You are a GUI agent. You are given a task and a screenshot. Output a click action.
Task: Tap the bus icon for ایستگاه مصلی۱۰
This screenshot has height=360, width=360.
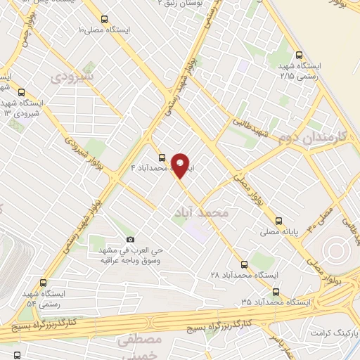pyautogui.click(x=105, y=20)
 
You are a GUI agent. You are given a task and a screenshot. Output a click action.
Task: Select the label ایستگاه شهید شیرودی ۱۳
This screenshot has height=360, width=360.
pyautogui.click(x=21, y=108)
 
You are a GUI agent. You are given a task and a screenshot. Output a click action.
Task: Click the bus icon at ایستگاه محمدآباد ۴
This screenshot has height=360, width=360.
pyautogui.click(x=162, y=157)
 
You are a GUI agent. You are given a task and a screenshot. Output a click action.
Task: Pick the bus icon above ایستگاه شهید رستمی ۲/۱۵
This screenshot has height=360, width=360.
pyautogui.click(x=300, y=54)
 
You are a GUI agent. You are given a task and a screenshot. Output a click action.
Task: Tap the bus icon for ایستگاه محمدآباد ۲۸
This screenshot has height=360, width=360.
pyautogui.click(x=244, y=265)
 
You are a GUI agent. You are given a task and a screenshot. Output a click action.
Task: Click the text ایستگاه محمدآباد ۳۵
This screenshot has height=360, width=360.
pyautogui.click(x=275, y=301)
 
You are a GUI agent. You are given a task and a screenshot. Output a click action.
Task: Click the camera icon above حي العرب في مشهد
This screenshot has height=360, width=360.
pyautogui.click(x=129, y=240)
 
